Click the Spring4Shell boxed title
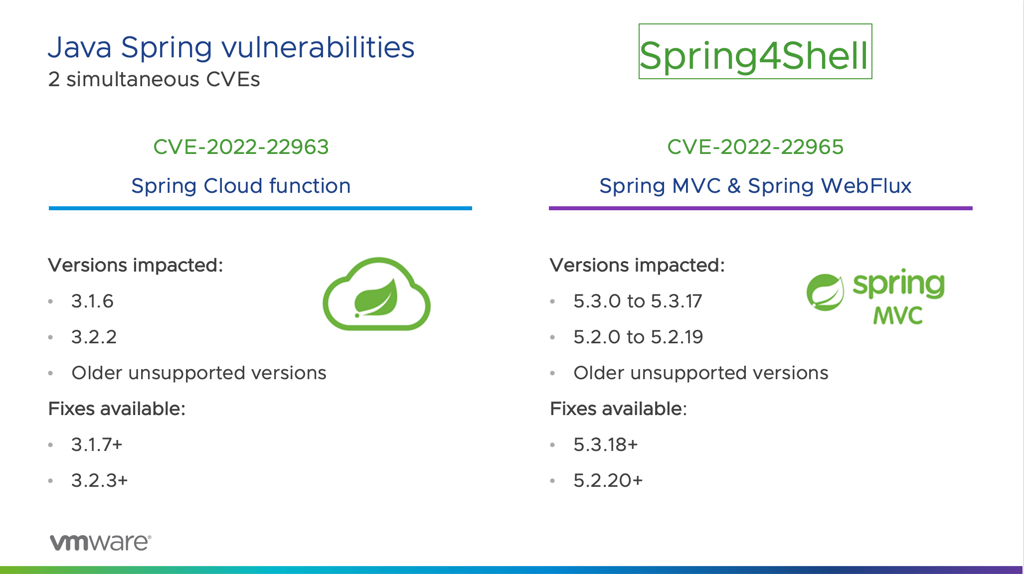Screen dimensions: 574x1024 point(755,52)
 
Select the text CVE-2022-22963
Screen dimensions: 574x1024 point(241,147)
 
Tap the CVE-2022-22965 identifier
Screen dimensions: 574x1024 point(755,147)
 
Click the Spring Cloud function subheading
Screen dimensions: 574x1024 point(241,186)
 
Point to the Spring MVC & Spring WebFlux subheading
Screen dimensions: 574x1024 point(755,186)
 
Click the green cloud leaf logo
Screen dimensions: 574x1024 point(377,294)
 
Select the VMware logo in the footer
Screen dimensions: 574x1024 point(100,542)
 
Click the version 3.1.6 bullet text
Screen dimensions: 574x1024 point(92,301)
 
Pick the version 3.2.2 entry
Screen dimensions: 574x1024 point(94,337)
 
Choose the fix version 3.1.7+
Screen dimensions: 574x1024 point(97,444)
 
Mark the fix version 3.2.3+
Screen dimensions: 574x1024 point(99,480)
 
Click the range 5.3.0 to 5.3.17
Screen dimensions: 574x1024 point(638,301)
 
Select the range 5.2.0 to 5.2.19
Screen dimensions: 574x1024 point(638,337)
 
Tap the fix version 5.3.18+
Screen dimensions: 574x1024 point(606,444)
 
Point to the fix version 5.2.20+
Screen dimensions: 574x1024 point(608,480)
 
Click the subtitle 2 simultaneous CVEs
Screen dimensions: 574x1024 point(154,80)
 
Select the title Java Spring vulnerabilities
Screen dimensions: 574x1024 point(231,48)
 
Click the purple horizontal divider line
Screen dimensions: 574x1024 point(760,208)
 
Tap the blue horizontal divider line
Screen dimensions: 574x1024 point(260,208)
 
